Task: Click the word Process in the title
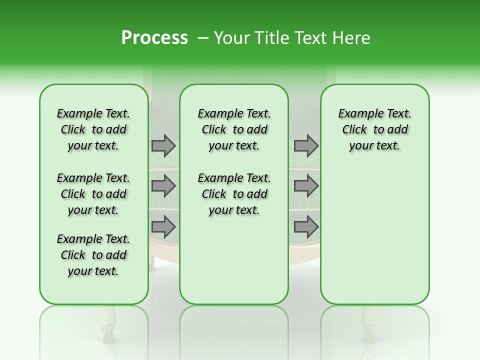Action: (x=154, y=38)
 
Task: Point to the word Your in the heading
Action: (x=231, y=38)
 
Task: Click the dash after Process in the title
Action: (x=202, y=38)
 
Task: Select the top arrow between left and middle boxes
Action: (x=163, y=145)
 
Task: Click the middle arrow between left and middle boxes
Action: (x=163, y=186)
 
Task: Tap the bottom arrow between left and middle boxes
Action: (x=163, y=226)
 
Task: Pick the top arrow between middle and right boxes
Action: (x=306, y=145)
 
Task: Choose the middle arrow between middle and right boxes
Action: (x=306, y=186)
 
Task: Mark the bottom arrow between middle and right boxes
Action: (x=306, y=226)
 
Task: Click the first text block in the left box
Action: (x=93, y=129)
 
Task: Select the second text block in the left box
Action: (x=93, y=194)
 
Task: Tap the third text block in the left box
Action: (x=93, y=255)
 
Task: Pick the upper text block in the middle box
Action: (x=234, y=129)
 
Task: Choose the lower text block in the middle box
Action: (x=234, y=194)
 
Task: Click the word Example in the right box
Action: (x=356, y=113)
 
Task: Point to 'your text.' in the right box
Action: (x=374, y=145)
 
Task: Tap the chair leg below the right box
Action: (x=368, y=325)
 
